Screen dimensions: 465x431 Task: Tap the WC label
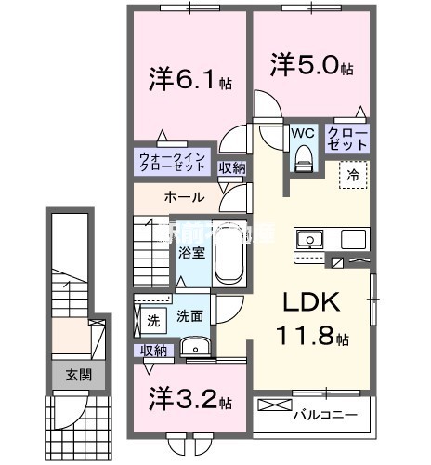tap(303, 133)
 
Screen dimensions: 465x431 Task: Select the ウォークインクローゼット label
tap(174, 162)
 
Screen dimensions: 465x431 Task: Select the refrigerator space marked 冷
tap(353, 173)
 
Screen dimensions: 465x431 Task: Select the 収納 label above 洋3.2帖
tap(154, 350)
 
